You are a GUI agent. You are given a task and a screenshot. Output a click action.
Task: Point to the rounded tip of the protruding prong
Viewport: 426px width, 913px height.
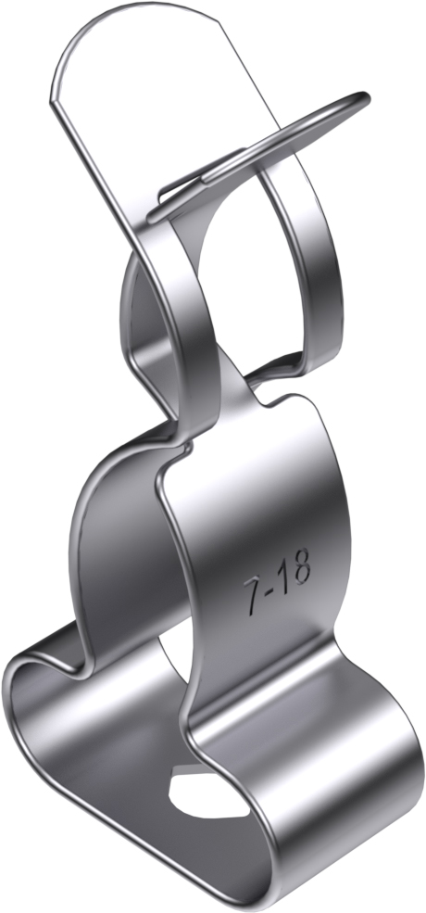pos(361,97)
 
